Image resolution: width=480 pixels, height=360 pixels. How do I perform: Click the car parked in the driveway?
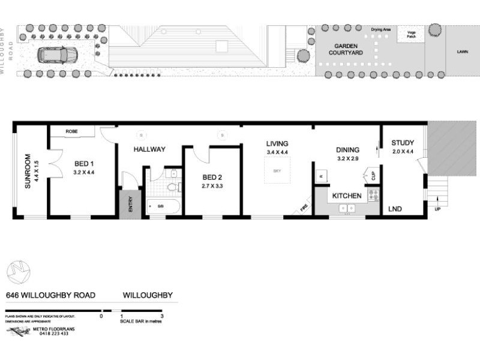coord(57,55)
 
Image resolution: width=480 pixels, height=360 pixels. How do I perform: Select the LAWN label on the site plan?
coord(462,52)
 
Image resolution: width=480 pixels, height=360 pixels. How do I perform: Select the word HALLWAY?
coord(149,149)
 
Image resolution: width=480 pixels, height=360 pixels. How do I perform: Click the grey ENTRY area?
coord(128,204)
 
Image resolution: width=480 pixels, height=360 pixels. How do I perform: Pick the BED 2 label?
coord(212,178)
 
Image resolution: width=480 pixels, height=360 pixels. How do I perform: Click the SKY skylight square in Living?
coord(277,172)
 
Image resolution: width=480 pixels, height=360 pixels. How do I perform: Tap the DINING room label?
coord(347,150)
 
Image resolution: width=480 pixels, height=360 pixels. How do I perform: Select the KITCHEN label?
coord(347,196)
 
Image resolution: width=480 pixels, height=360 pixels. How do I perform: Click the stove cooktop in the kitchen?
coord(373,194)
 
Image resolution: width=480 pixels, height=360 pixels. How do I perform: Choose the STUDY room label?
coord(403,143)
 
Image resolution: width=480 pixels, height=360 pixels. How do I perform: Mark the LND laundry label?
coord(395,209)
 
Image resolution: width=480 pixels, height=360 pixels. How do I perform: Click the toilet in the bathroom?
coord(172,187)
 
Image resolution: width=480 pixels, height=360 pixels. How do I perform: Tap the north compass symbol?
coord(18,272)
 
